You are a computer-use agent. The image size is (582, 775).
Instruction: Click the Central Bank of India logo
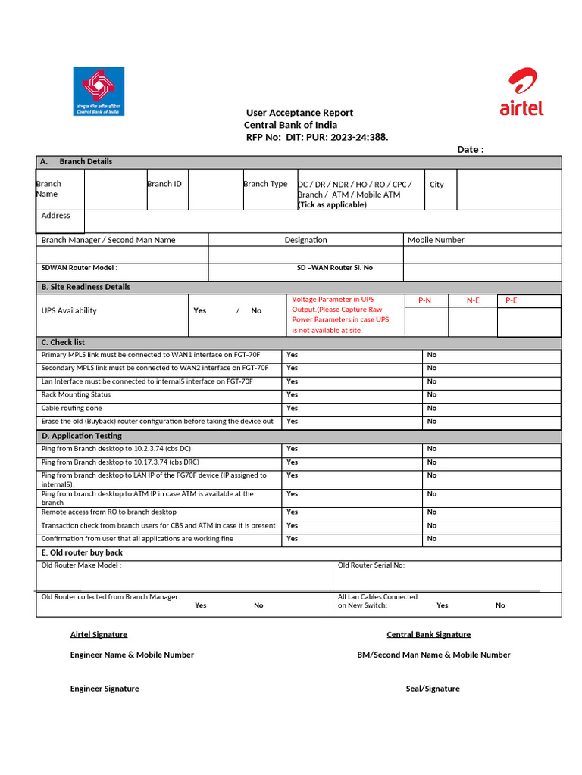[x=99, y=91]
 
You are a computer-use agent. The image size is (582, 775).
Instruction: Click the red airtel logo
[x=521, y=92]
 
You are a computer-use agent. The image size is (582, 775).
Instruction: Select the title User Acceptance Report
[x=299, y=113]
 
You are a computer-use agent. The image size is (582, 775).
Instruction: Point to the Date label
[x=470, y=149]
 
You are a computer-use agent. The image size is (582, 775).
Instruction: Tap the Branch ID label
[x=164, y=184]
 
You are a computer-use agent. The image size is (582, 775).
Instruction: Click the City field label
[x=436, y=185]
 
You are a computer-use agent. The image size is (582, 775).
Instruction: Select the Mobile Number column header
[x=436, y=240]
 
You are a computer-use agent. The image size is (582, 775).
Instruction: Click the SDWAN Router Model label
[x=79, y=268]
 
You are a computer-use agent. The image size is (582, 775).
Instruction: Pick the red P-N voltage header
[x=424, y=300]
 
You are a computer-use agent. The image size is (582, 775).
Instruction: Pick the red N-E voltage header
[x=473, y=300]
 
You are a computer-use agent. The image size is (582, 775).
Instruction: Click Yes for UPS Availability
[x=199, y=310]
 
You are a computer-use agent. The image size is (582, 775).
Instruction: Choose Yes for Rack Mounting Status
[x=292, y=394]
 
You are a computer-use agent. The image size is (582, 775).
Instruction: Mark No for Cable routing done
[x=432, y=408]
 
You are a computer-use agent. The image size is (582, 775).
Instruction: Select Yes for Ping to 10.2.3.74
[x=292, y=448]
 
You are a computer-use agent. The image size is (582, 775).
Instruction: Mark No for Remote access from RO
[x=432, y=512]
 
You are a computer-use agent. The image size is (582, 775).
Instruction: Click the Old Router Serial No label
[x=371, y=565]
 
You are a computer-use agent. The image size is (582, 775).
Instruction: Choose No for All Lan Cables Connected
[x=500, y=605]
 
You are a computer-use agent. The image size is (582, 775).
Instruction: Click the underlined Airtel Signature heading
[x=99, y=634]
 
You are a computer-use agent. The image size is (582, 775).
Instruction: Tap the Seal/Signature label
[x=432, y=689]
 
